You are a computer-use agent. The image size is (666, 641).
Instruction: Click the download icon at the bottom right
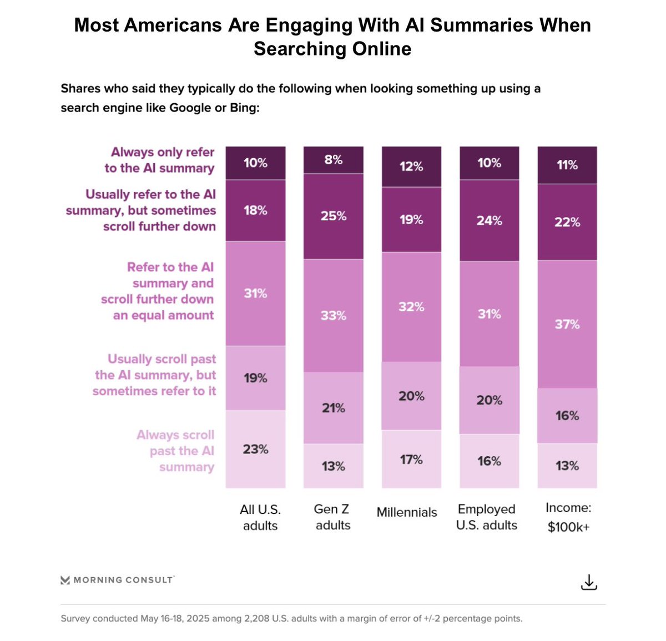(x=588, y=582)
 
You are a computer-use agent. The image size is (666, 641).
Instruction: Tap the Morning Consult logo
(x=117, y=580)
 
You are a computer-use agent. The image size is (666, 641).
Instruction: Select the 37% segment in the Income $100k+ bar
(x=567, y=324)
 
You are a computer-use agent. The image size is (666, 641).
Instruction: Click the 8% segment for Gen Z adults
(x=333, y=160)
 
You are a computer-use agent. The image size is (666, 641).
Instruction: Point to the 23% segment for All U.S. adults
(x=255, y=449)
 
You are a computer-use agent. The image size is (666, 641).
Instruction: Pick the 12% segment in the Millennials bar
(x=411, y=166)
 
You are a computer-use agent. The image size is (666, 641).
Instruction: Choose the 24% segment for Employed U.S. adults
(x=489, y=220)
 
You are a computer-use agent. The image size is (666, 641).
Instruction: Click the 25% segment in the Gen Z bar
(x=333, y=216)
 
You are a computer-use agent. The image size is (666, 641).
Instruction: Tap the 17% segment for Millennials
(x=411, y=460)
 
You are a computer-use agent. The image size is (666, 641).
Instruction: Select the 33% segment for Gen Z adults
(x=333, y=315)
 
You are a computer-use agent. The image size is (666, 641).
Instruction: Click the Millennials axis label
(x=407, y=512)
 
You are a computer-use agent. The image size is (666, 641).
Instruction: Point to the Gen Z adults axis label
(x=332, y=517)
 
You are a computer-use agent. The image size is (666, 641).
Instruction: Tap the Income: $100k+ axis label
(x=568, y=517)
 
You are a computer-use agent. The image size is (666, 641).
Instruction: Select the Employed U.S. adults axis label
(x=487, y=517)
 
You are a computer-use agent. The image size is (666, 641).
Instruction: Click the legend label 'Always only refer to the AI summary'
(x=159, y=160)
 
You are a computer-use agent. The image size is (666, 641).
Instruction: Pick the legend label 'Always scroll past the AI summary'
(x=175, y=451)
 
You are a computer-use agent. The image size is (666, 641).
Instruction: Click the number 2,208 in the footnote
(x=256, y=618)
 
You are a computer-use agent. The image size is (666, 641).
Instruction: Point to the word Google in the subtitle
(x=190, y=108)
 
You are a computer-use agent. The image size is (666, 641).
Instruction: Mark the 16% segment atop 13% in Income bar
(x=567, y=416)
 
